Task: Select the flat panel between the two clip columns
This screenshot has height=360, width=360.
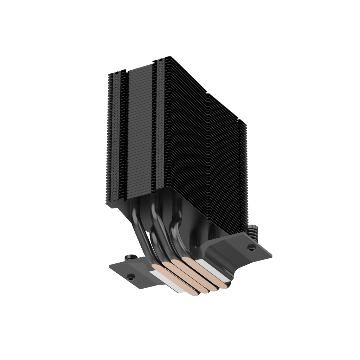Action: click(x=140, y=127)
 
